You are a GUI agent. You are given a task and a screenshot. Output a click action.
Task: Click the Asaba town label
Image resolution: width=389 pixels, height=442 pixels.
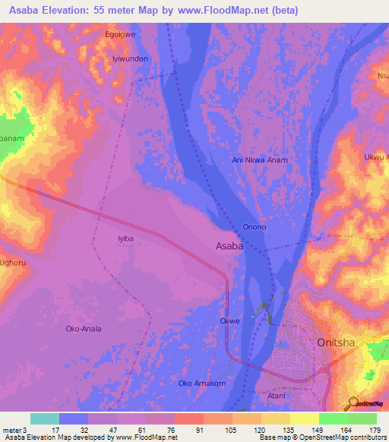coord(229,247)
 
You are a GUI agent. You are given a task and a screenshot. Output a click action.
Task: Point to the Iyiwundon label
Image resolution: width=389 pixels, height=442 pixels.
coord(129,58)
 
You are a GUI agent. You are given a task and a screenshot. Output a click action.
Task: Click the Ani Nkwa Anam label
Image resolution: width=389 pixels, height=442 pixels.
coord(260,160)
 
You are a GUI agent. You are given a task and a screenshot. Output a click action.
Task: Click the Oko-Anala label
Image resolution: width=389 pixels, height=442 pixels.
coord(84,329)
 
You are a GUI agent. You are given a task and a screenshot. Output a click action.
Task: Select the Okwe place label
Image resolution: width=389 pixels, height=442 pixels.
coord(229,321)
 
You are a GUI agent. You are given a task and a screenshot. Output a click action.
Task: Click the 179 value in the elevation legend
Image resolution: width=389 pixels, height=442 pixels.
coord(375,430)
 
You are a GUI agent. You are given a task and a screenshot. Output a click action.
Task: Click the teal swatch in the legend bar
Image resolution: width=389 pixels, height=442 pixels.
coord(44,418)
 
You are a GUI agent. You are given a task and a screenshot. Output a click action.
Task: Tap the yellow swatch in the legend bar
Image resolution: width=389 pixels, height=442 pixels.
coord(304,418)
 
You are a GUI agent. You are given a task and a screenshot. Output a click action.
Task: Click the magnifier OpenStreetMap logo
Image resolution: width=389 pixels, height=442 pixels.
coord(354,404)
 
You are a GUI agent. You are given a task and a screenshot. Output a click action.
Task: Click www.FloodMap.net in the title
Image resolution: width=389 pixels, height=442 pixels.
coord(232,11)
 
